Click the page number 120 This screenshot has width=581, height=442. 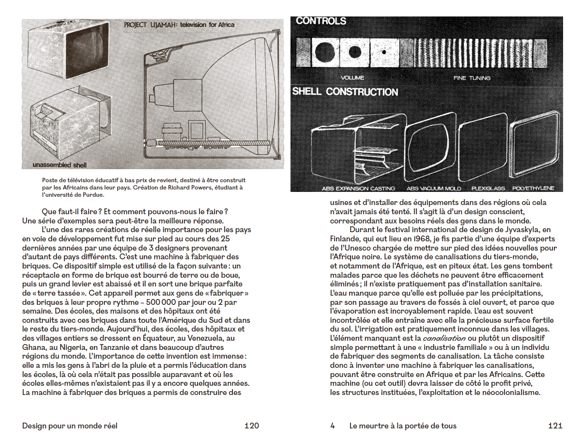251,426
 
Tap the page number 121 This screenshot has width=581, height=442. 555,426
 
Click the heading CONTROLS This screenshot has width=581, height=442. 321,21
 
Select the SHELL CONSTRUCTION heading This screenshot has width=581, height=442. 345,92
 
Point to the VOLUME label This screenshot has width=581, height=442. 352,78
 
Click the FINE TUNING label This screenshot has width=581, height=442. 472,78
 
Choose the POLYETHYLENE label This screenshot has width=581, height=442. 533,188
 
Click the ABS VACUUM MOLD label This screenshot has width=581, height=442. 434,188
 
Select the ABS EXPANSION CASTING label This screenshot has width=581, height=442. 358,188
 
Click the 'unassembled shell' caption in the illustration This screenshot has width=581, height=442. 60,165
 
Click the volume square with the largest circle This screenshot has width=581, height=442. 325,51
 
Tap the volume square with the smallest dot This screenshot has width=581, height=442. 383,52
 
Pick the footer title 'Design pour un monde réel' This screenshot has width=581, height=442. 70,426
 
